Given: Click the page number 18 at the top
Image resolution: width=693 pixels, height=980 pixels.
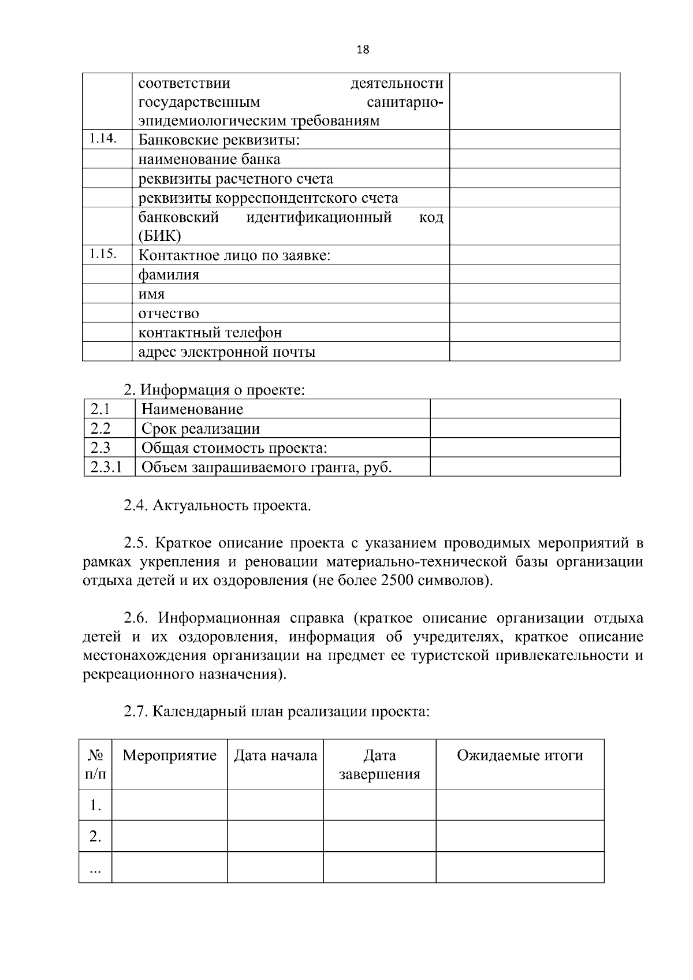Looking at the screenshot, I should [x=363, y=50].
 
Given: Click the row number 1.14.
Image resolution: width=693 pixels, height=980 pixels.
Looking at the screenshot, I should [x=103, y=139].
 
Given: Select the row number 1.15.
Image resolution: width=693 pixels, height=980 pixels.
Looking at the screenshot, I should [x=103, y=254].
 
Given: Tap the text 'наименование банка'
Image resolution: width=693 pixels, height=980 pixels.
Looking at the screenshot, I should [x=209, y=159].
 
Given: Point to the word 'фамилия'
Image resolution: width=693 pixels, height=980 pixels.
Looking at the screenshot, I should [x=169, y=275].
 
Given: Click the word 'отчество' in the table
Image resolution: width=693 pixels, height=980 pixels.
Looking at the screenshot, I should [x=169, y=314].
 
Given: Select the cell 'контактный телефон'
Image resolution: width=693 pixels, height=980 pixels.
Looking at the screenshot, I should [x=210, y=333].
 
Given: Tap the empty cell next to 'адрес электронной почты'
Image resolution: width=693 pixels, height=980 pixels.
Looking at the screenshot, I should [x=534, y=352].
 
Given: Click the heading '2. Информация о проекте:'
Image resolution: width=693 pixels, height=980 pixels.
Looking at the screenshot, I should [x=214, y=390].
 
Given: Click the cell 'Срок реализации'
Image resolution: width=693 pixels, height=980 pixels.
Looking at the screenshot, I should [x=200, y=428].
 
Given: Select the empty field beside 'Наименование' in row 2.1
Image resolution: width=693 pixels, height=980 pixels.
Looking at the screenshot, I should [x=524, y=409].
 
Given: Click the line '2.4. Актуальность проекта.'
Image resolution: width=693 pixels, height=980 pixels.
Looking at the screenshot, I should [x=217, y=506].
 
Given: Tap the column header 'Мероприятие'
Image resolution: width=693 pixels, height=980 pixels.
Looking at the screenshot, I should [x=169, y=755].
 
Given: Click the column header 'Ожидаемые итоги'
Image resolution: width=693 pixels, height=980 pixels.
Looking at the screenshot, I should [x=520, y=755].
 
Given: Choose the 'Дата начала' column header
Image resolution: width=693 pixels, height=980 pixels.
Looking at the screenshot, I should [x=275, y=755].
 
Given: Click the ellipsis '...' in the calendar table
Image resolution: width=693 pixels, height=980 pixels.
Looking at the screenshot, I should [x=95, y=867].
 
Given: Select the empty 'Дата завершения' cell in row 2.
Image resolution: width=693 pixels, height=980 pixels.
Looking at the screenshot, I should [x=379, y=836].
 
